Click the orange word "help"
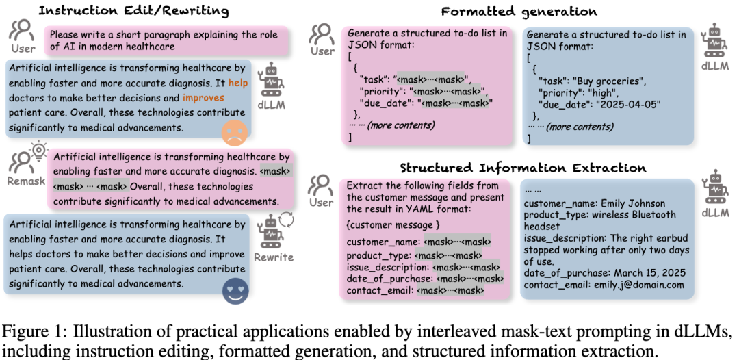[238, 83]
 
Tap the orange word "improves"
[204, 98]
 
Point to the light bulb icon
[38, 151]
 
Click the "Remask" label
[27, 181]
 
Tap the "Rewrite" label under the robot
[273, 257]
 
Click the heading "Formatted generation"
[519, 12]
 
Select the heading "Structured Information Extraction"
[523, 168]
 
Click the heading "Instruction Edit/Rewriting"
[134, 10]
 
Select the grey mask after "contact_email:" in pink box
[450, 291]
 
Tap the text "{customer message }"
[393, 224]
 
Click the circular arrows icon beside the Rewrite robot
[287, 220]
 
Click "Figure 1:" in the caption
[34, 332]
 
